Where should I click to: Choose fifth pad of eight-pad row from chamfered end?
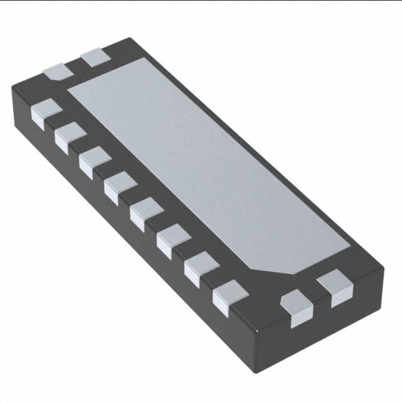(x=120, y=186)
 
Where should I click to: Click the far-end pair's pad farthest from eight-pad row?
(x=95, y=57)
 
